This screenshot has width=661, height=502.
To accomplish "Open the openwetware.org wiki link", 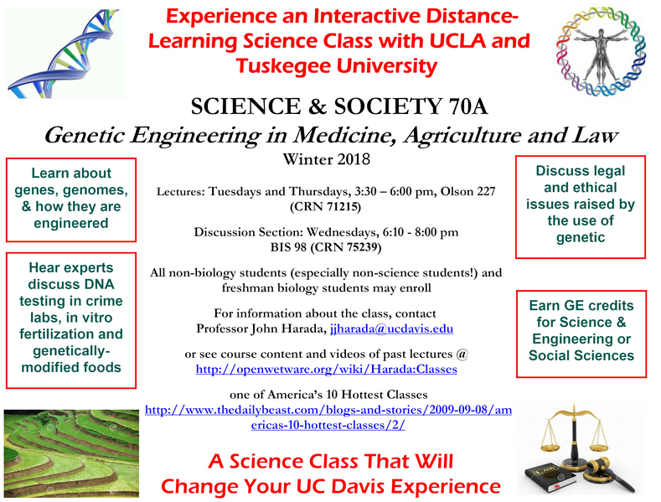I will pos(326,368).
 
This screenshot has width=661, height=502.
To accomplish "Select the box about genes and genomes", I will pos(70,198).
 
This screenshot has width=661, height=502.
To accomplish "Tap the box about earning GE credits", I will pos(581,330).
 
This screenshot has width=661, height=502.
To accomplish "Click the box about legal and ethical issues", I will pos(580,204).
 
